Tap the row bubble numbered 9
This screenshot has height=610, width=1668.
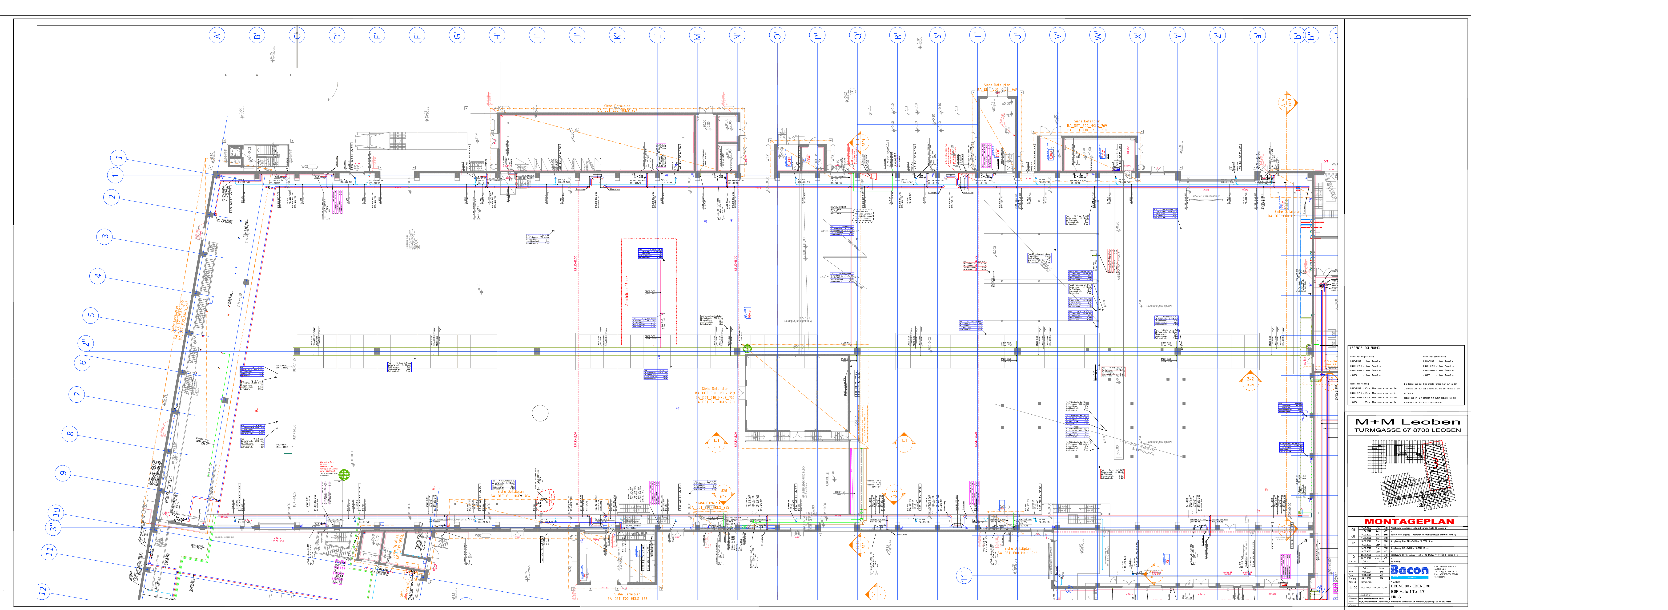coord(63,473)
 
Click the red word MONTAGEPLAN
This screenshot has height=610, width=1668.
coord(1409,521)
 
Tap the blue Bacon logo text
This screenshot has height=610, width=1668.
coord(1409,570)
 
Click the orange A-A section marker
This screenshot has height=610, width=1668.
coord(1287,102)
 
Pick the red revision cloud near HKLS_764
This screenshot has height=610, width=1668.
coord(547,497)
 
